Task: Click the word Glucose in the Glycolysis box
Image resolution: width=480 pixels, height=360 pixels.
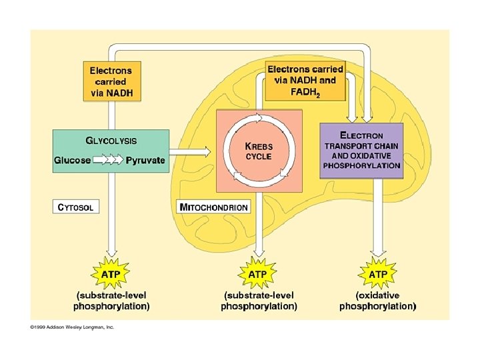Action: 73,161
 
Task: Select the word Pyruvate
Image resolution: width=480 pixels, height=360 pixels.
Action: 145,161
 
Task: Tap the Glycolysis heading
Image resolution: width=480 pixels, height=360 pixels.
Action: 111,141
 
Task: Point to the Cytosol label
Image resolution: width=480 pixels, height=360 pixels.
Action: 77,207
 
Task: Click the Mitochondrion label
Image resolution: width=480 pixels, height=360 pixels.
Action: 214,207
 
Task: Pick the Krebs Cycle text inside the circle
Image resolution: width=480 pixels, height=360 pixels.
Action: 259,151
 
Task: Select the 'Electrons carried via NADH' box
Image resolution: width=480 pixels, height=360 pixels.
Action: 112,81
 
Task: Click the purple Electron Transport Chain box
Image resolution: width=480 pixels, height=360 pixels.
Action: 362,151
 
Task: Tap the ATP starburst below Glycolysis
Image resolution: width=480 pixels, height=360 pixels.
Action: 111,274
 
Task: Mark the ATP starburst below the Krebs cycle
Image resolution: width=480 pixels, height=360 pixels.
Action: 258,274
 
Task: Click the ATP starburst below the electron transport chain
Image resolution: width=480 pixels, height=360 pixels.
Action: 378,274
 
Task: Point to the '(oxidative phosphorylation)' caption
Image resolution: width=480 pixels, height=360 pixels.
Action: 378,301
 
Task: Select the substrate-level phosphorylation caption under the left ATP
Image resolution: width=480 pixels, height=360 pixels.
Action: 111,301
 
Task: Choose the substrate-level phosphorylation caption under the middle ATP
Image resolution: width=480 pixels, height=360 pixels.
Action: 259,301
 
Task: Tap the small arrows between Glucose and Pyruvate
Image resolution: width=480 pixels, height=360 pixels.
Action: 108,161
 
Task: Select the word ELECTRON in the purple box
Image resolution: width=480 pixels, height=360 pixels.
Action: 362,135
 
